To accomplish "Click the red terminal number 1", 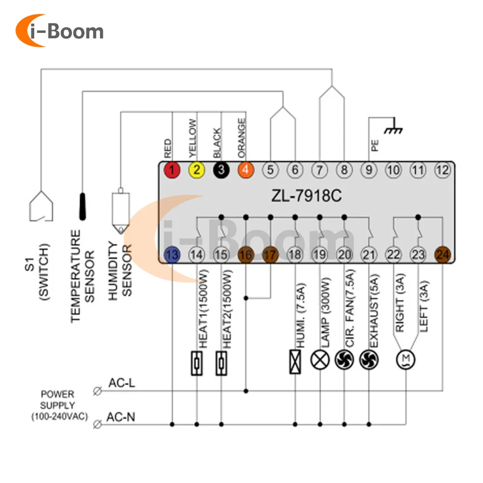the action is (x=172, y=170).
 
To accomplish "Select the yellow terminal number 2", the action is (x=197, y=170).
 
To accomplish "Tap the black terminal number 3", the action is (x=221, y=170).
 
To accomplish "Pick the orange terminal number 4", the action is (x=246, y=170).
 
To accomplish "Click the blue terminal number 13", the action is (x=172, y=255).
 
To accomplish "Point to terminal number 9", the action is (x=369, y=170).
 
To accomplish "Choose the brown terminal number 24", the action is (x=442, y=255).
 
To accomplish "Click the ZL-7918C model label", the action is (x=307, y=195).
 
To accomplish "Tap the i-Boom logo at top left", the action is (x=59, y=30).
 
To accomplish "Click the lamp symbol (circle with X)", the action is (x=320, y=360).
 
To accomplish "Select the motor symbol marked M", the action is (x=406, y=359).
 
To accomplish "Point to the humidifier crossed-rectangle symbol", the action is (x=295, y=362).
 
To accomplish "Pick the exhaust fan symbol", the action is (x=369, y=360).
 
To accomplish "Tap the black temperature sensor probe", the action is (x=83, y=206).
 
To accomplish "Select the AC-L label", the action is (x=122, y=383).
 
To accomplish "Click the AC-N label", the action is (x=121, y=417).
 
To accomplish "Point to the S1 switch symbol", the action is (x=41, y=206).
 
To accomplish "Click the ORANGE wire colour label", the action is (x=241, y=138).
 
